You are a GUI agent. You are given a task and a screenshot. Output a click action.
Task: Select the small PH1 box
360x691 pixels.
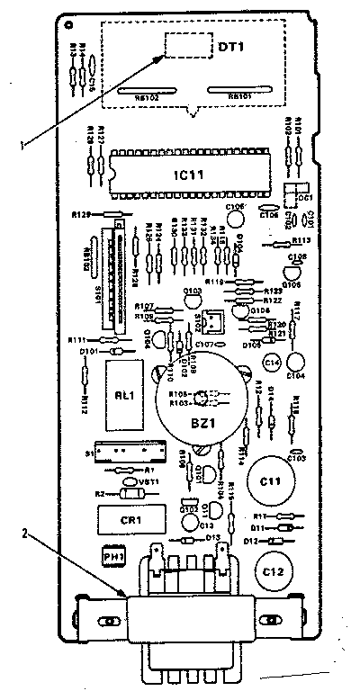112,557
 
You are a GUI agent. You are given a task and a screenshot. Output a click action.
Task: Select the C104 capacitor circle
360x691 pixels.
296,363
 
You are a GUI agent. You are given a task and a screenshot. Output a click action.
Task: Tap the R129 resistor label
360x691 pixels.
81,215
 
